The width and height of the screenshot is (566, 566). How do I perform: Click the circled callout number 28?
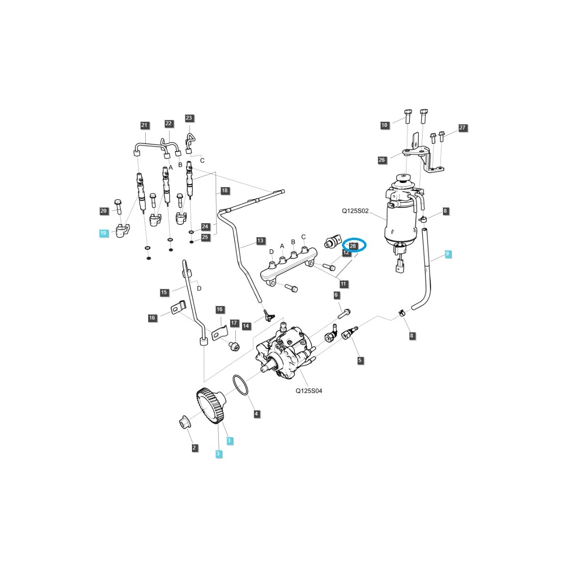pyautogui.click(x=353, y=246)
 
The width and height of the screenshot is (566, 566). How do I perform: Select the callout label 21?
pyautogui.click(x=144, y=125)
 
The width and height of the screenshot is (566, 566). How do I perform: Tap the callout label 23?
pyautogui.click(x=189, y=118)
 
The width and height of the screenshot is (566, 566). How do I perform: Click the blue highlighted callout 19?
pyautogui.click(x=103, y=233)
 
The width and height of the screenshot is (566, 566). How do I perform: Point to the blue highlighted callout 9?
pyautogui.click(x=448, y=254)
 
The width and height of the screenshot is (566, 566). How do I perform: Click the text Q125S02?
pyautogui.click(x=355, y=212)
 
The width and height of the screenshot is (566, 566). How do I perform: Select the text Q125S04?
pyautogui.click(x=309, y=391)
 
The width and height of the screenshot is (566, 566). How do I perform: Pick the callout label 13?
pyautogui.click(x=260, y=241)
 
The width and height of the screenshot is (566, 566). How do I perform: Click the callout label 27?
pyautogui.click(x=462, y=128)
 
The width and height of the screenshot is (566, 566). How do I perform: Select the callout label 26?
pyautogui.click(x=382, y=160)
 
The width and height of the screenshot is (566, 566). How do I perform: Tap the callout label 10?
pyautogui.click(x=384, y=125)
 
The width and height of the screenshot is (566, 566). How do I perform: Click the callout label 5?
pyautogui.click(x=360, y=360)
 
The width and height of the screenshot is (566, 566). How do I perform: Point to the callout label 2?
pyautogui.click(x=195, y=448)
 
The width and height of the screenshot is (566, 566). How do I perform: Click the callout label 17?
pyautogui.click(x=234, y=323)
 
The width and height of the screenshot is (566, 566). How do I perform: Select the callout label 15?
pyautogui.click(x=164, y=292)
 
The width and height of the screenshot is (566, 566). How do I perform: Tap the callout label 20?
pyautogui.click(x=104, y=211)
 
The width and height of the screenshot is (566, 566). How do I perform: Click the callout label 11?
pyautogui.click(x=343, y=284)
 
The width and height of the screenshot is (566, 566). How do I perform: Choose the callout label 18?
pyautogui.click(x=225, y=191)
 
